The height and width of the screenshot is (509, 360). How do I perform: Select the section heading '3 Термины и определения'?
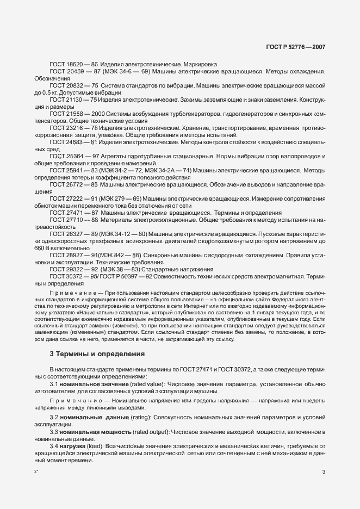tap(97, 354)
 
